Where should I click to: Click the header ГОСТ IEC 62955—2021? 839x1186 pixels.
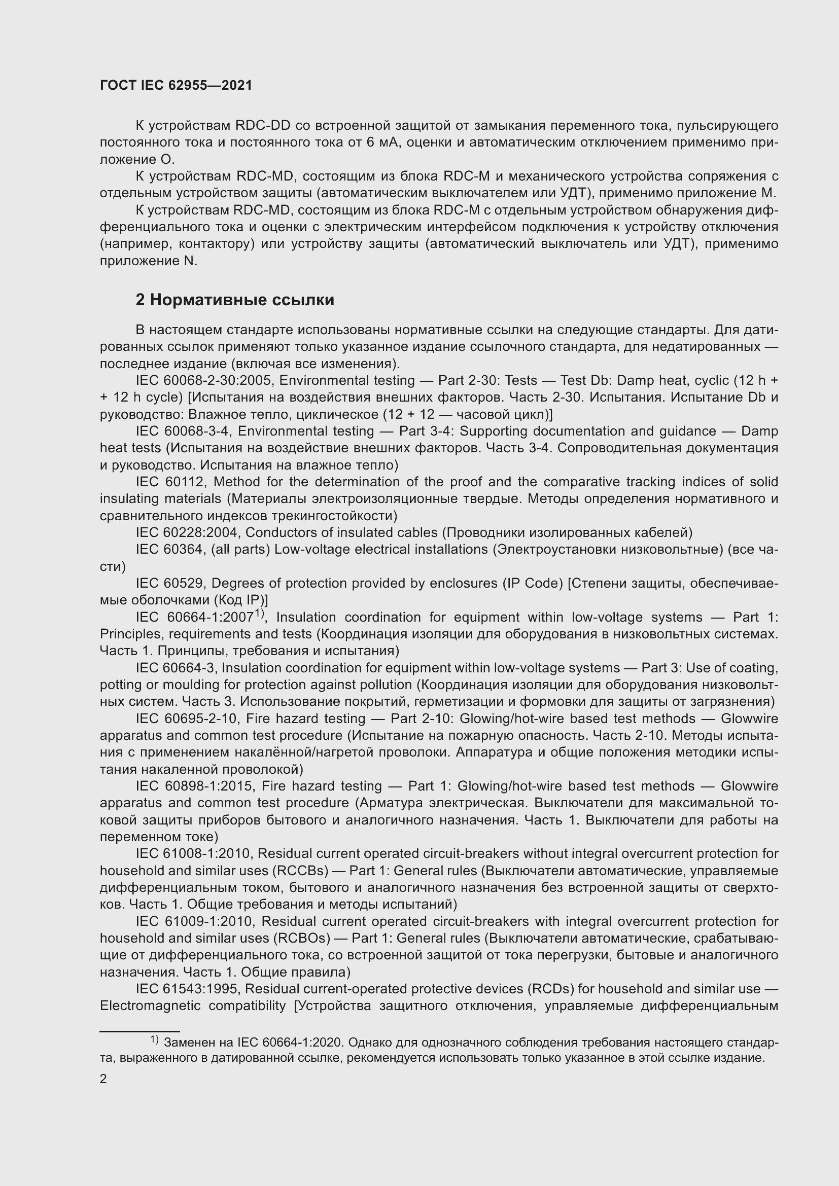[x=176, y=85]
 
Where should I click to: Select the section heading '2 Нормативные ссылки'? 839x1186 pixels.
[x=234, y=300]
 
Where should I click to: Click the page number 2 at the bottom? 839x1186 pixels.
[x=103, y=1079]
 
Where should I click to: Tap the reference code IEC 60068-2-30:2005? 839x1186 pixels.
[x=203, y=381]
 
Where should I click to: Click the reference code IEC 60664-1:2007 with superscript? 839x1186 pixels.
[x=199, y=617]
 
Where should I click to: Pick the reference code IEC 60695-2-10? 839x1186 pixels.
[x=189, y=718]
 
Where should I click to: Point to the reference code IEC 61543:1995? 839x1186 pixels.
[x=189, y=989]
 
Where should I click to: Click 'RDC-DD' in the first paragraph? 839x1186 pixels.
[x=262, y=126]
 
